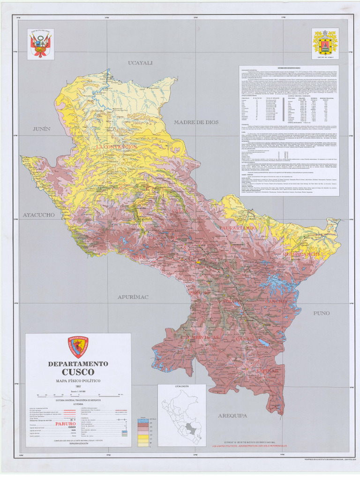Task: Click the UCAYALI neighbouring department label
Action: (x=141, y=63)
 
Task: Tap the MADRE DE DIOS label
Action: (x=196, y=122)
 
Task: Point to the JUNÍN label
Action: (x=41, y=128)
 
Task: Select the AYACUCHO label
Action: (x=39, y=215)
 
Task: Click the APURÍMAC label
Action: (x=133, y=297)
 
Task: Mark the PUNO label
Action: (x=322, y=313)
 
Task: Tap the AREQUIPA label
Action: (x=232, y=415)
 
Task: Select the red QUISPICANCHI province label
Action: (x=302, y=254)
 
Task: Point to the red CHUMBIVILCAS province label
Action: (x=200, y=337)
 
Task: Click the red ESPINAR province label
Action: (x=267, y=371)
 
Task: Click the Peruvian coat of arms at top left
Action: (x=41, y=44)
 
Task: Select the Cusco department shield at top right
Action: (x=325, y=43)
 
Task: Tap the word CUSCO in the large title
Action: (x=78, y=373)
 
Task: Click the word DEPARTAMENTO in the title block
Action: (x=78, y=364)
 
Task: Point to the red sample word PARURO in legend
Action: (x=66, y=423)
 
